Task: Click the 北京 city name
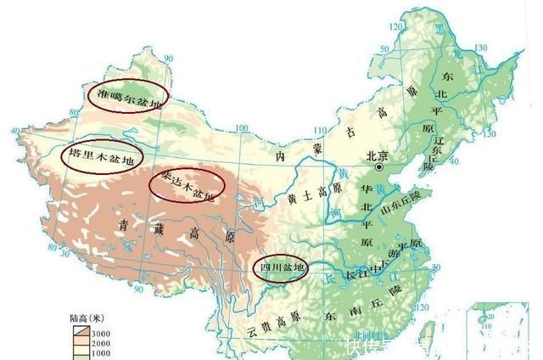[x=376, y=156]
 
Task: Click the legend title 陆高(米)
[x=85, y=318]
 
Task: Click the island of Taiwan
[x=428, y=331]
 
